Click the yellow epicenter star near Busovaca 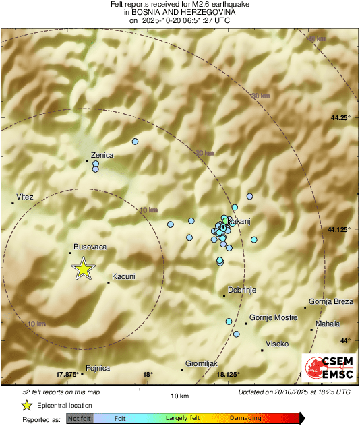click(x=83, y=268)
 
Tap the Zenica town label click(x=102, y=155)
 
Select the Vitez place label click(x=25, y=197)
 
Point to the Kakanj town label click(x=239, y=221)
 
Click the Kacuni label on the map click(x=123, y=276)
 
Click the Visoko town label click(x=277, y=344)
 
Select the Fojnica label click(x=98, y=368)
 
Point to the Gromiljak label click(x=200, y=362)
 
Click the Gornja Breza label click(x=330, y=301)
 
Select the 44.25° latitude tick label click(x=340, y=118)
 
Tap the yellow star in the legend click(x=26, y=405)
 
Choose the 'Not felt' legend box click(x=79, y=419)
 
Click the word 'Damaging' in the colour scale click(x=245, y=419)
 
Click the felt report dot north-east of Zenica click(x=135, y=142)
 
